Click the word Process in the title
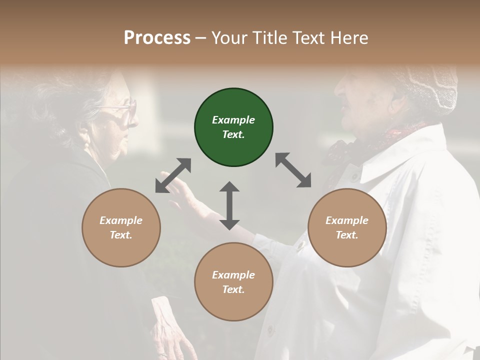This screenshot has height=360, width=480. (157, 38)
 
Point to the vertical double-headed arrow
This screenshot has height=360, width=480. (229, 205)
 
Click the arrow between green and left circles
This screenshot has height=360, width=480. (173, 175)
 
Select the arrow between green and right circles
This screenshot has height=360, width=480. (293, 170)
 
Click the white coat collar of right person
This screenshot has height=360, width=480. (395, 160)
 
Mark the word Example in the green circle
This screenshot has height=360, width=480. (233, 120)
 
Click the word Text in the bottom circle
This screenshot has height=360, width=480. (232, 289)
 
